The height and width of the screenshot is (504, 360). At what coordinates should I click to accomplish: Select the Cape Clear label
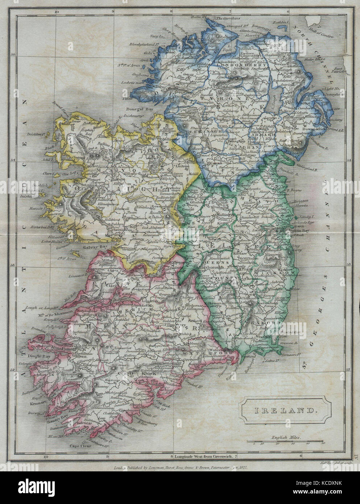coord(78,446)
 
